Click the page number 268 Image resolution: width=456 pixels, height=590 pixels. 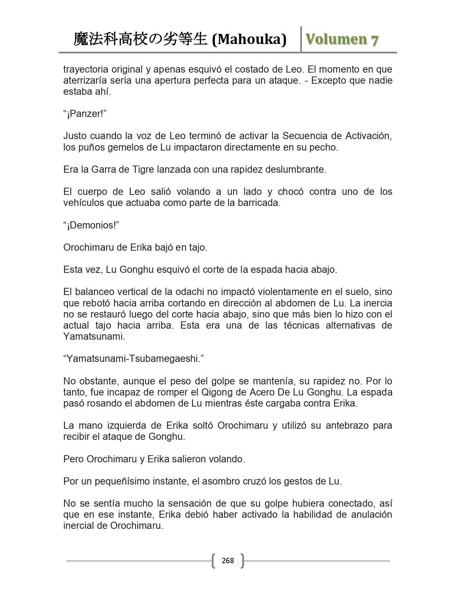[227, 560]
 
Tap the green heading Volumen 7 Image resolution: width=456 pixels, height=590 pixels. [342, 39]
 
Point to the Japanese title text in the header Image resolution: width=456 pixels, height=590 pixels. [140, 39]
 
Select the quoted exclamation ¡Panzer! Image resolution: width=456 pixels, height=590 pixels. [85, 114]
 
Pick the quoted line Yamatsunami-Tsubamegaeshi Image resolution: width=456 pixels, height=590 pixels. [133, 359]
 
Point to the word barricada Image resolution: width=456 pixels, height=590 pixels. [261, 203]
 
